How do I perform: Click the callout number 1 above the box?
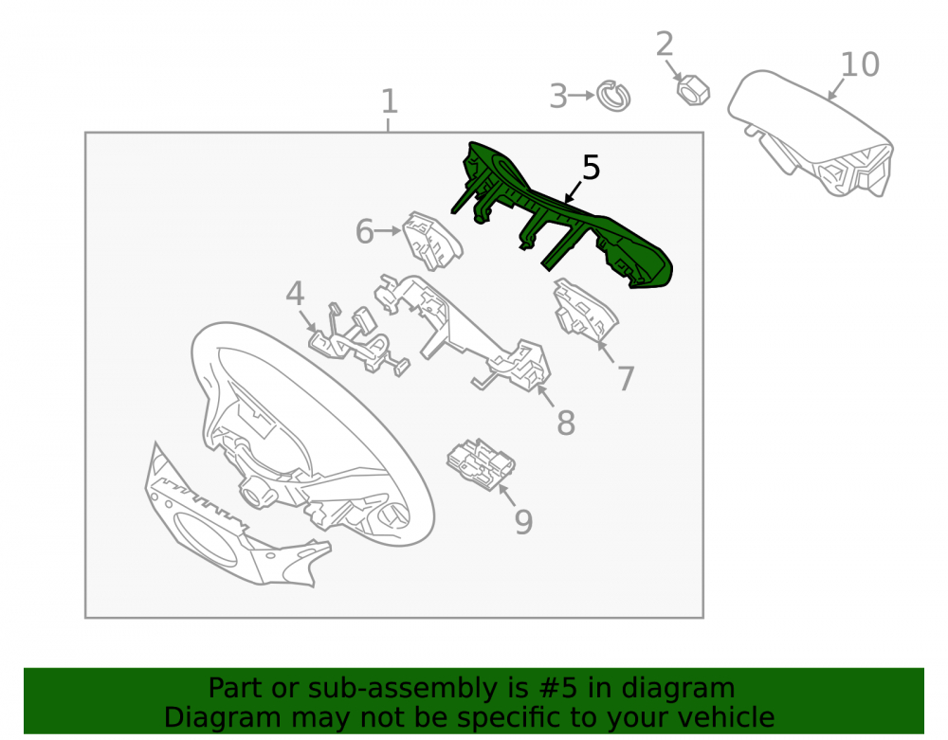[390, 101]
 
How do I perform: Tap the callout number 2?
[665, 45]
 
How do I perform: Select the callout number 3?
[558, 97]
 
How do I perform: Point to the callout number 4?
[295, 294]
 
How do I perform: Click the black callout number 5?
[591, 168]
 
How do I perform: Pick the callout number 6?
[365, 232]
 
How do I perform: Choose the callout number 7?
[626, 379]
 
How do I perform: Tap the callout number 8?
[566, 423]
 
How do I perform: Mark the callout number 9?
[523, 522]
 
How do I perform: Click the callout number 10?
[861, 64]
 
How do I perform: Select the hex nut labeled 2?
[693, 90]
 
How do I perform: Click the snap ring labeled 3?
[613, 96]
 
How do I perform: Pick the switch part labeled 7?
[585, 308]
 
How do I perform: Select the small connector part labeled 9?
[481, 463]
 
